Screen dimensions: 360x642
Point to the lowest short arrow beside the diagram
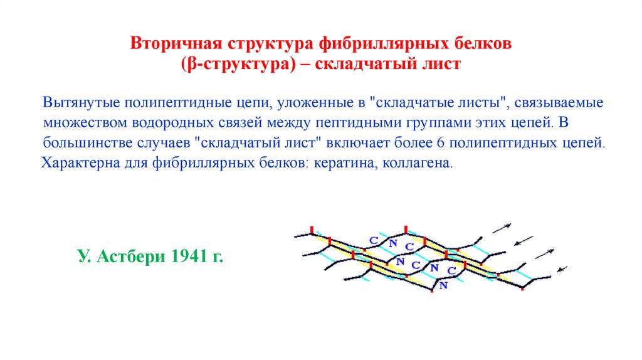[x=561, y=270]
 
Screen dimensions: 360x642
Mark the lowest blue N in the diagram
[x=443, y=285]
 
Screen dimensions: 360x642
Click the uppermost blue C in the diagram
[x=374, y=240]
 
